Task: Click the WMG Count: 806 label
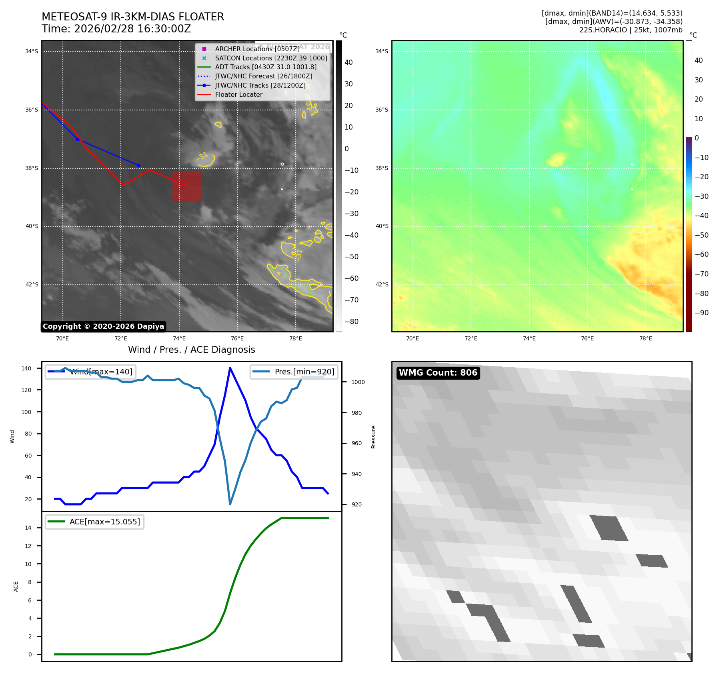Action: click(x=438, y=373)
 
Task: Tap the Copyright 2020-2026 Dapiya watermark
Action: click(x=103, y=326)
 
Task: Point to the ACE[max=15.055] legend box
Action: click(x=95, y=522)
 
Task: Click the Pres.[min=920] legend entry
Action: click(x=294, y=372)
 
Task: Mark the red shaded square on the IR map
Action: click(x=187, y=186)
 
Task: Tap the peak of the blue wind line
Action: click(x=230, y=368)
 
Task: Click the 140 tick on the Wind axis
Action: click(x=26, y=368)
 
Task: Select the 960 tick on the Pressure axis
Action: click(x=356, y=443)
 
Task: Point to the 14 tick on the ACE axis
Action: click(x=28, y=528)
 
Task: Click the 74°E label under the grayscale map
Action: click(x=179, y=339)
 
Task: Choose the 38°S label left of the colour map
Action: click(x=382, y=168)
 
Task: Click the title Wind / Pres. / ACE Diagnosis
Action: click(x=191, y=350)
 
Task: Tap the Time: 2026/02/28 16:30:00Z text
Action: click(x=116, y=29)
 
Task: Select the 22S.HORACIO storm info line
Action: click(x=631, y=30)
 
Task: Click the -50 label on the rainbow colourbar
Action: click(x=701, y=235)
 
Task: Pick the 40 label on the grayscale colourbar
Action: click(x=348, y=62)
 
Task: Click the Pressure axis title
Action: click(x=373, y=437)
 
